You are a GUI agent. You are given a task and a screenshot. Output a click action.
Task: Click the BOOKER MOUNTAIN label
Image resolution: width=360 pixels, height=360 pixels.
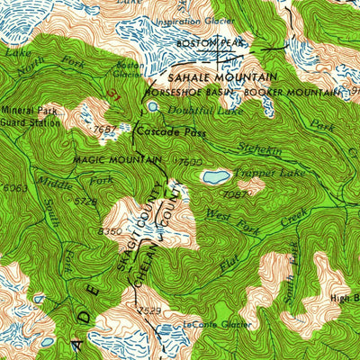pyautogui.click(x=294, y=93)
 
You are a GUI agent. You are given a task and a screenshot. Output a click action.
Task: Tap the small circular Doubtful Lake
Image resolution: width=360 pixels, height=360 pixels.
pyautogui.click(x=153, y=106)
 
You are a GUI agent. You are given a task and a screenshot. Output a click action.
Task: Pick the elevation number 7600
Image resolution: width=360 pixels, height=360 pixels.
pyautogui.click(x=190, y=161)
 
